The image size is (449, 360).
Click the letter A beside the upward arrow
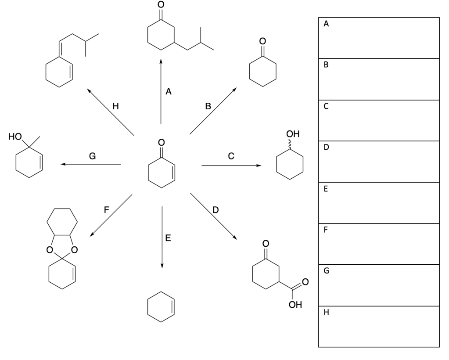tap(169, 92)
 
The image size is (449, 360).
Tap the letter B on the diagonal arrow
tap(208, 106)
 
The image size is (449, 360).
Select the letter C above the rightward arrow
tap(231, 155)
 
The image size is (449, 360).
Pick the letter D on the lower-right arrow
tap(215, 210)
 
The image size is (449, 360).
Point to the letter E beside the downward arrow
tap(168, 238)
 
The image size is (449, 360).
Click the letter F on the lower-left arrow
tap(106, 210)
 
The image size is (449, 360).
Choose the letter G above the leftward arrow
tap(92, 155)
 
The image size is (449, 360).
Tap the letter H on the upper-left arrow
tap(115, 106)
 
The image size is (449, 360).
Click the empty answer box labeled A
tap(379, 38)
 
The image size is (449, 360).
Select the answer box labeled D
tap(379, 162)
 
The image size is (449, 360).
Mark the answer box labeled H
tap(379, 327)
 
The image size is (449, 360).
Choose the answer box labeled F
tap(379, 244)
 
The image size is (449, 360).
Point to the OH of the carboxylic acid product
tap(295, 304)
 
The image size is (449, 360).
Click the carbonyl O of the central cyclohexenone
tap(162, 142)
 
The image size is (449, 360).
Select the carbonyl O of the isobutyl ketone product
tap(161, 4)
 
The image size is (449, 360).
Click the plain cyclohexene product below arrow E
tap(162, 307)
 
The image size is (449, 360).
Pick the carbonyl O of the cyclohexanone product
tap(262, 41)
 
